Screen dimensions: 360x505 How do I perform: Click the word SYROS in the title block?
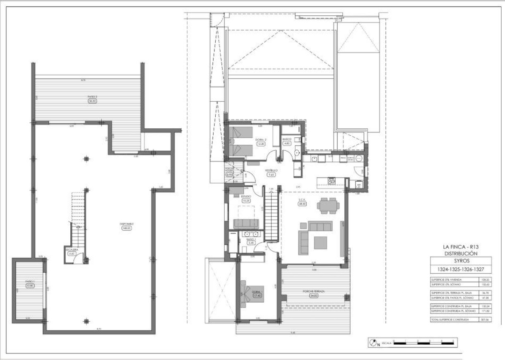[460, 261]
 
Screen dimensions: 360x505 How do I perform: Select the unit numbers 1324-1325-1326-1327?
[460, 269]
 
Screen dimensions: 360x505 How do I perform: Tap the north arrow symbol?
[374, 343]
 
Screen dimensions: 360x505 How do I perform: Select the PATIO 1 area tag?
[30, 285]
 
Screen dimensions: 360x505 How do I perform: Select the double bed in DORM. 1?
[248, 293]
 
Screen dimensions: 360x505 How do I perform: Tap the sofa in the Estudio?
[246, 224]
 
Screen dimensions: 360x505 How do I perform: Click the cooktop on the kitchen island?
[332, 180]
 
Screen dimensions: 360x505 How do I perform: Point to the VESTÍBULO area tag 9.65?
[272, 175]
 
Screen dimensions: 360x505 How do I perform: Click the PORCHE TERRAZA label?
[313, 291]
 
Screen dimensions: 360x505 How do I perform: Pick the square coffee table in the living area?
[320, 242]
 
